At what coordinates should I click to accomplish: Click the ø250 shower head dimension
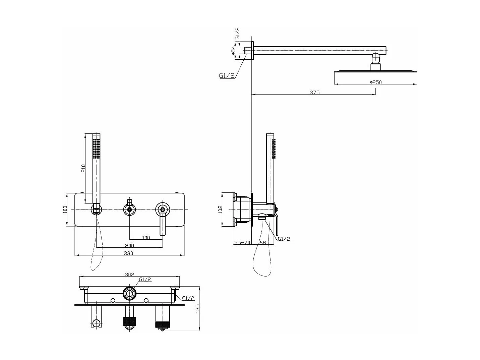pos(376,82)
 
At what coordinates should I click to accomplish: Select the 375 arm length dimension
pos(314,93)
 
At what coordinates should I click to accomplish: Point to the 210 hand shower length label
pos(83,168)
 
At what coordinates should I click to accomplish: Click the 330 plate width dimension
pos(128,253)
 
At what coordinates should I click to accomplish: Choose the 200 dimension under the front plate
pos(129,245)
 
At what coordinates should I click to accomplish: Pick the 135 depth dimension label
pos(197,308)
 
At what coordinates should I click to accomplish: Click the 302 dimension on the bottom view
pos(129,275)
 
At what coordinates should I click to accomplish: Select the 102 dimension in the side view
pos(220,209)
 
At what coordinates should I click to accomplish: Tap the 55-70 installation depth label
pos(242,243)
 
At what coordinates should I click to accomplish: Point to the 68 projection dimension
pos(262,243)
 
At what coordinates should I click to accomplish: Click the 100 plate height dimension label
pos(65,209)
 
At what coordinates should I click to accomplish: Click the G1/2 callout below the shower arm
pos(227,76)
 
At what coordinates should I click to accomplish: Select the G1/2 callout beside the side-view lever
pos(284,239)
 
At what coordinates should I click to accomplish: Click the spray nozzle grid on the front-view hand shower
pos(96,148)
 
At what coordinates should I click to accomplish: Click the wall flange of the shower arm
pos(252,51)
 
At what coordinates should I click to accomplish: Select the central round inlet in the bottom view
pos(129,293)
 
